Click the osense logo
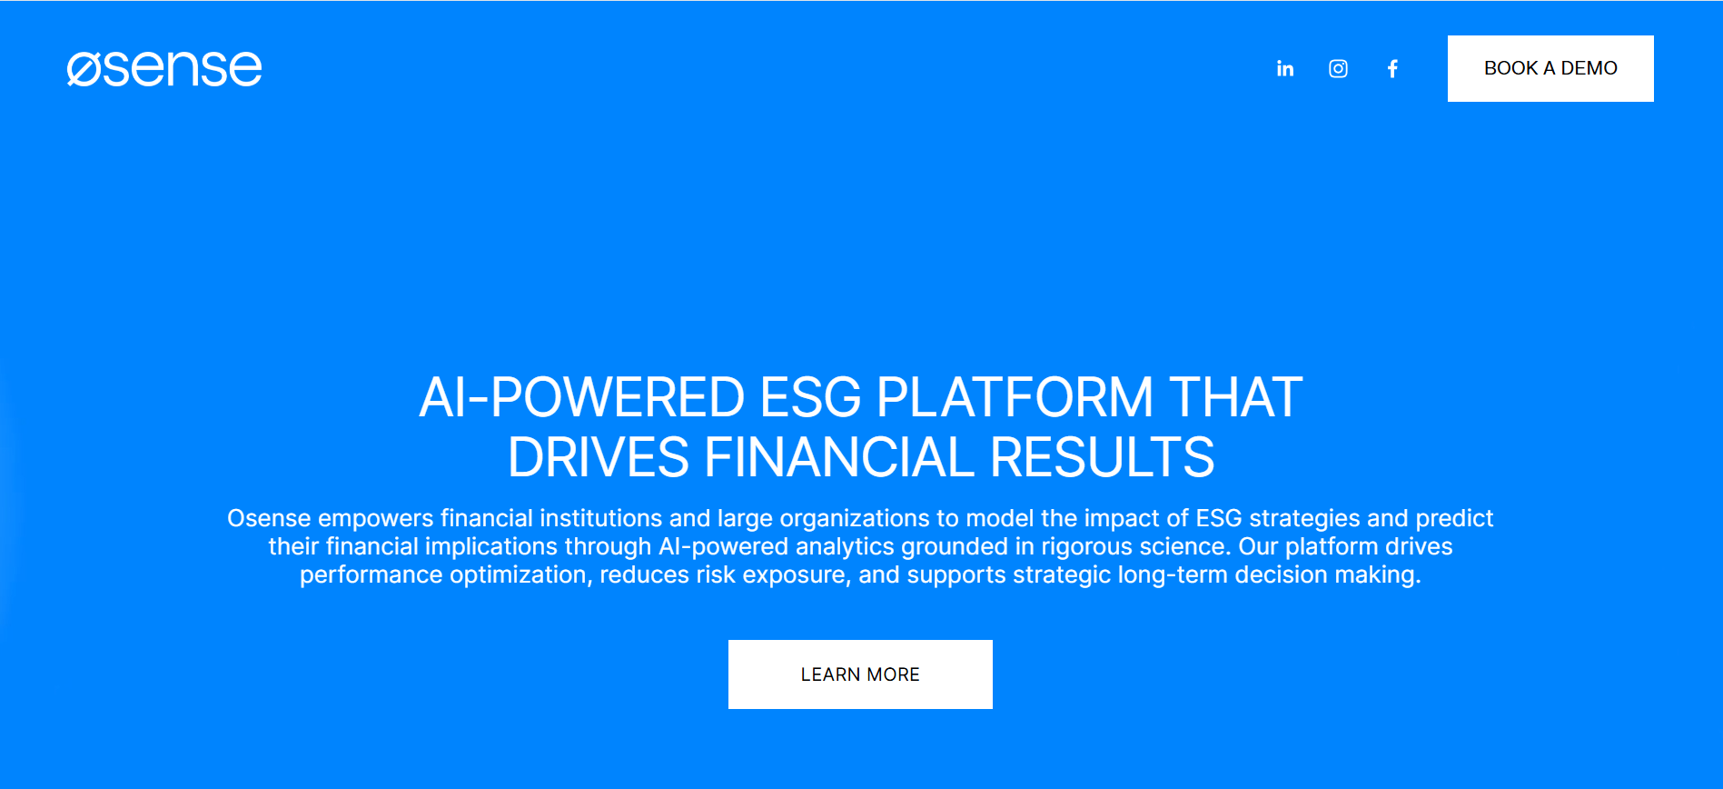point(164,68)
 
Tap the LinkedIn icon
point(1284,69)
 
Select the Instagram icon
point(1338,69)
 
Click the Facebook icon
point(1392,69)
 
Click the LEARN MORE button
point(860,674)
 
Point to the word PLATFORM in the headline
point(1015,398)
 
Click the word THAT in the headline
point(1235,398)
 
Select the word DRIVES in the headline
point(598,457)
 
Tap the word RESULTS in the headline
point(1102,457)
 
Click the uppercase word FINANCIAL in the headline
point(839,457)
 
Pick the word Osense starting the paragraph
point(269,518)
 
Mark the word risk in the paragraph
point(716,575)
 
